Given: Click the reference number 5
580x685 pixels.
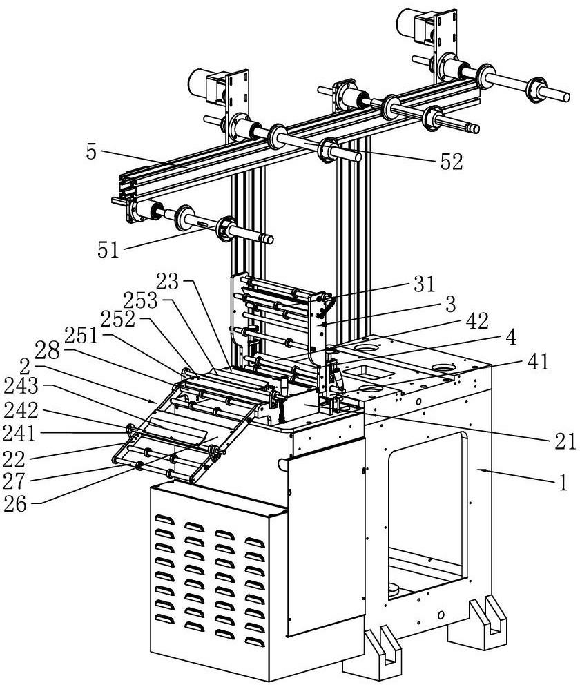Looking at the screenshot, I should click(91, 152).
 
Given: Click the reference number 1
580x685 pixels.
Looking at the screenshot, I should click(563, 483).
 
